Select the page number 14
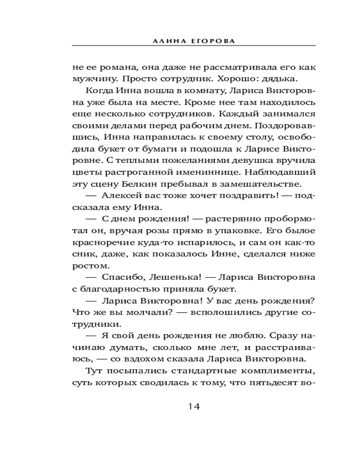coord(193,406)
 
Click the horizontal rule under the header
coord(193,46)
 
